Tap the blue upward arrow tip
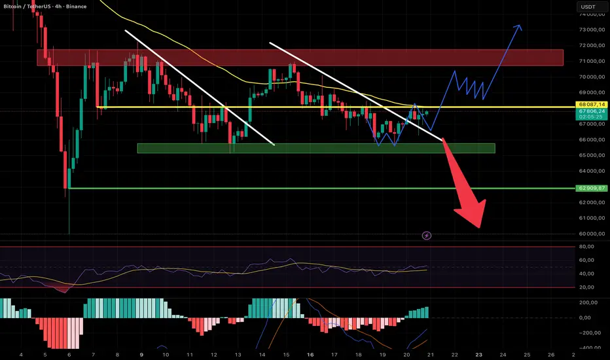click(520, 27)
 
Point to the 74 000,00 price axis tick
click(590, 14)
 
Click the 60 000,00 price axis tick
click(590, 234)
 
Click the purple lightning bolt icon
click(427, 235)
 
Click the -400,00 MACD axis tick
click(588, 348)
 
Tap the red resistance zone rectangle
click(300, 58)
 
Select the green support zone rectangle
click(315, 149)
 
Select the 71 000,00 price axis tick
click(590, 61)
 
